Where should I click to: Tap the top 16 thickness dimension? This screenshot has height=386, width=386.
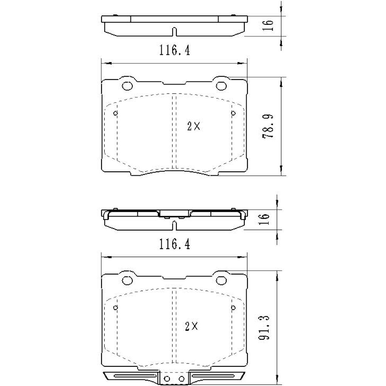(x=271, y=25)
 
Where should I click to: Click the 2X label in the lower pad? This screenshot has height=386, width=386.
(x=192, y=327)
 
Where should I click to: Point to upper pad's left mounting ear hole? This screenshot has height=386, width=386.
(x=127, y=86)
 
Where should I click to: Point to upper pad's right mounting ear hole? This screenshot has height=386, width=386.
(x=221, y=86)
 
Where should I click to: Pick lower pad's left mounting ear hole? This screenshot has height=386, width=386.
(x=127, y=280)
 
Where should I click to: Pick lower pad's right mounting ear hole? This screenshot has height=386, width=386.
(x=221, y=280)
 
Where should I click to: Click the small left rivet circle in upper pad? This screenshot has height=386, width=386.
(x=116, y=113)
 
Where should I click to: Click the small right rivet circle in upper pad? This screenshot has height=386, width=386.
(x=233, y=113)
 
